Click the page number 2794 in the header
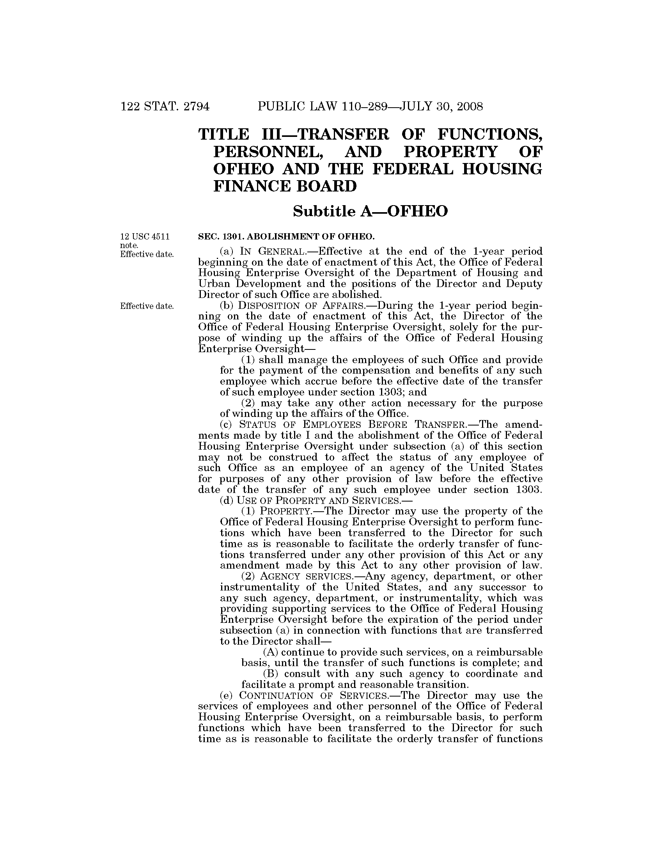click(x=197, y=106)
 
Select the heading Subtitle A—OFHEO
click(x=370, y=211)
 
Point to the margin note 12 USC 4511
click(x=145, y=236)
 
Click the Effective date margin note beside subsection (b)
click(x=147, y=306)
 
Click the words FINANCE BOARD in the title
click(x=285, y=186)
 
